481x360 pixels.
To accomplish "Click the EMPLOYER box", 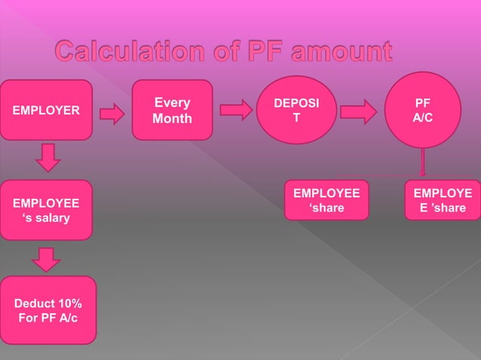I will pos(46,110).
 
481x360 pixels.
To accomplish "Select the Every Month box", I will pos(172,110).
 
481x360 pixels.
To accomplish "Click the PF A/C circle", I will pos(422,110).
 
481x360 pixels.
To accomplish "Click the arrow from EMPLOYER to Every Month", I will pos(112,114).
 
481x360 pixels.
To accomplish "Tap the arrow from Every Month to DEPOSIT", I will pos(237,112).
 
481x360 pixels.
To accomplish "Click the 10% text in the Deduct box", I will pos(68,304).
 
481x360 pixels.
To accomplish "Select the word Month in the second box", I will pos(172,119).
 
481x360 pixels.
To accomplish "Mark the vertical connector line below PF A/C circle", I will pos(422,162).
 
